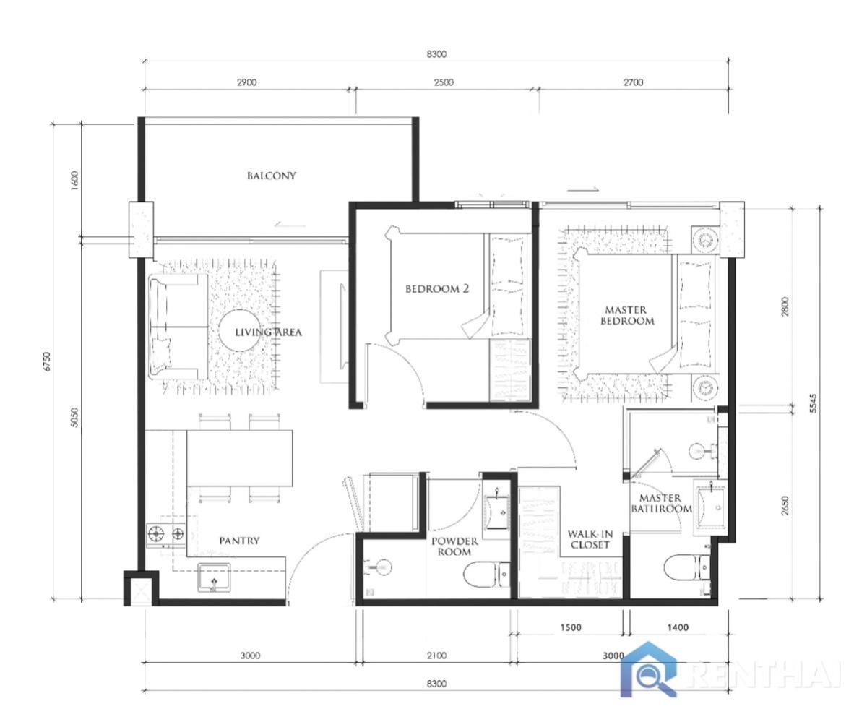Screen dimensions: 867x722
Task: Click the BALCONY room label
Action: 272,176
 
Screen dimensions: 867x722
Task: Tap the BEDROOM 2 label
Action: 437,288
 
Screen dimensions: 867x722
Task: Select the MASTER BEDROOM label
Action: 627,315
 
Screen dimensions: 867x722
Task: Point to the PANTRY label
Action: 239,541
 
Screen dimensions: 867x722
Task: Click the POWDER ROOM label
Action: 454,546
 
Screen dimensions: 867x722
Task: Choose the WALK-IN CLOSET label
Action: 590,539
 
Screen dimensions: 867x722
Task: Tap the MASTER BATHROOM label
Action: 661,503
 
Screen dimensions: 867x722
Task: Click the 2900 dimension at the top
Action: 246,82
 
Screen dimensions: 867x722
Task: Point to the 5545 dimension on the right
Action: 813,403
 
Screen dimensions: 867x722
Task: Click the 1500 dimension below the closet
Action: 571,627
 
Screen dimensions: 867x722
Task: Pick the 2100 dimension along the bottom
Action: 437,656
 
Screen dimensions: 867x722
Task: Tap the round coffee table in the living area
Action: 239,330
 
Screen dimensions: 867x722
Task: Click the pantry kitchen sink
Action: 214,577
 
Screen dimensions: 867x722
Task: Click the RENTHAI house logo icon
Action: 649,669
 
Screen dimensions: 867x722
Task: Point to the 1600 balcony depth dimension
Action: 74,181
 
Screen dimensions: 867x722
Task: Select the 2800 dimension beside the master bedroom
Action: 785,306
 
